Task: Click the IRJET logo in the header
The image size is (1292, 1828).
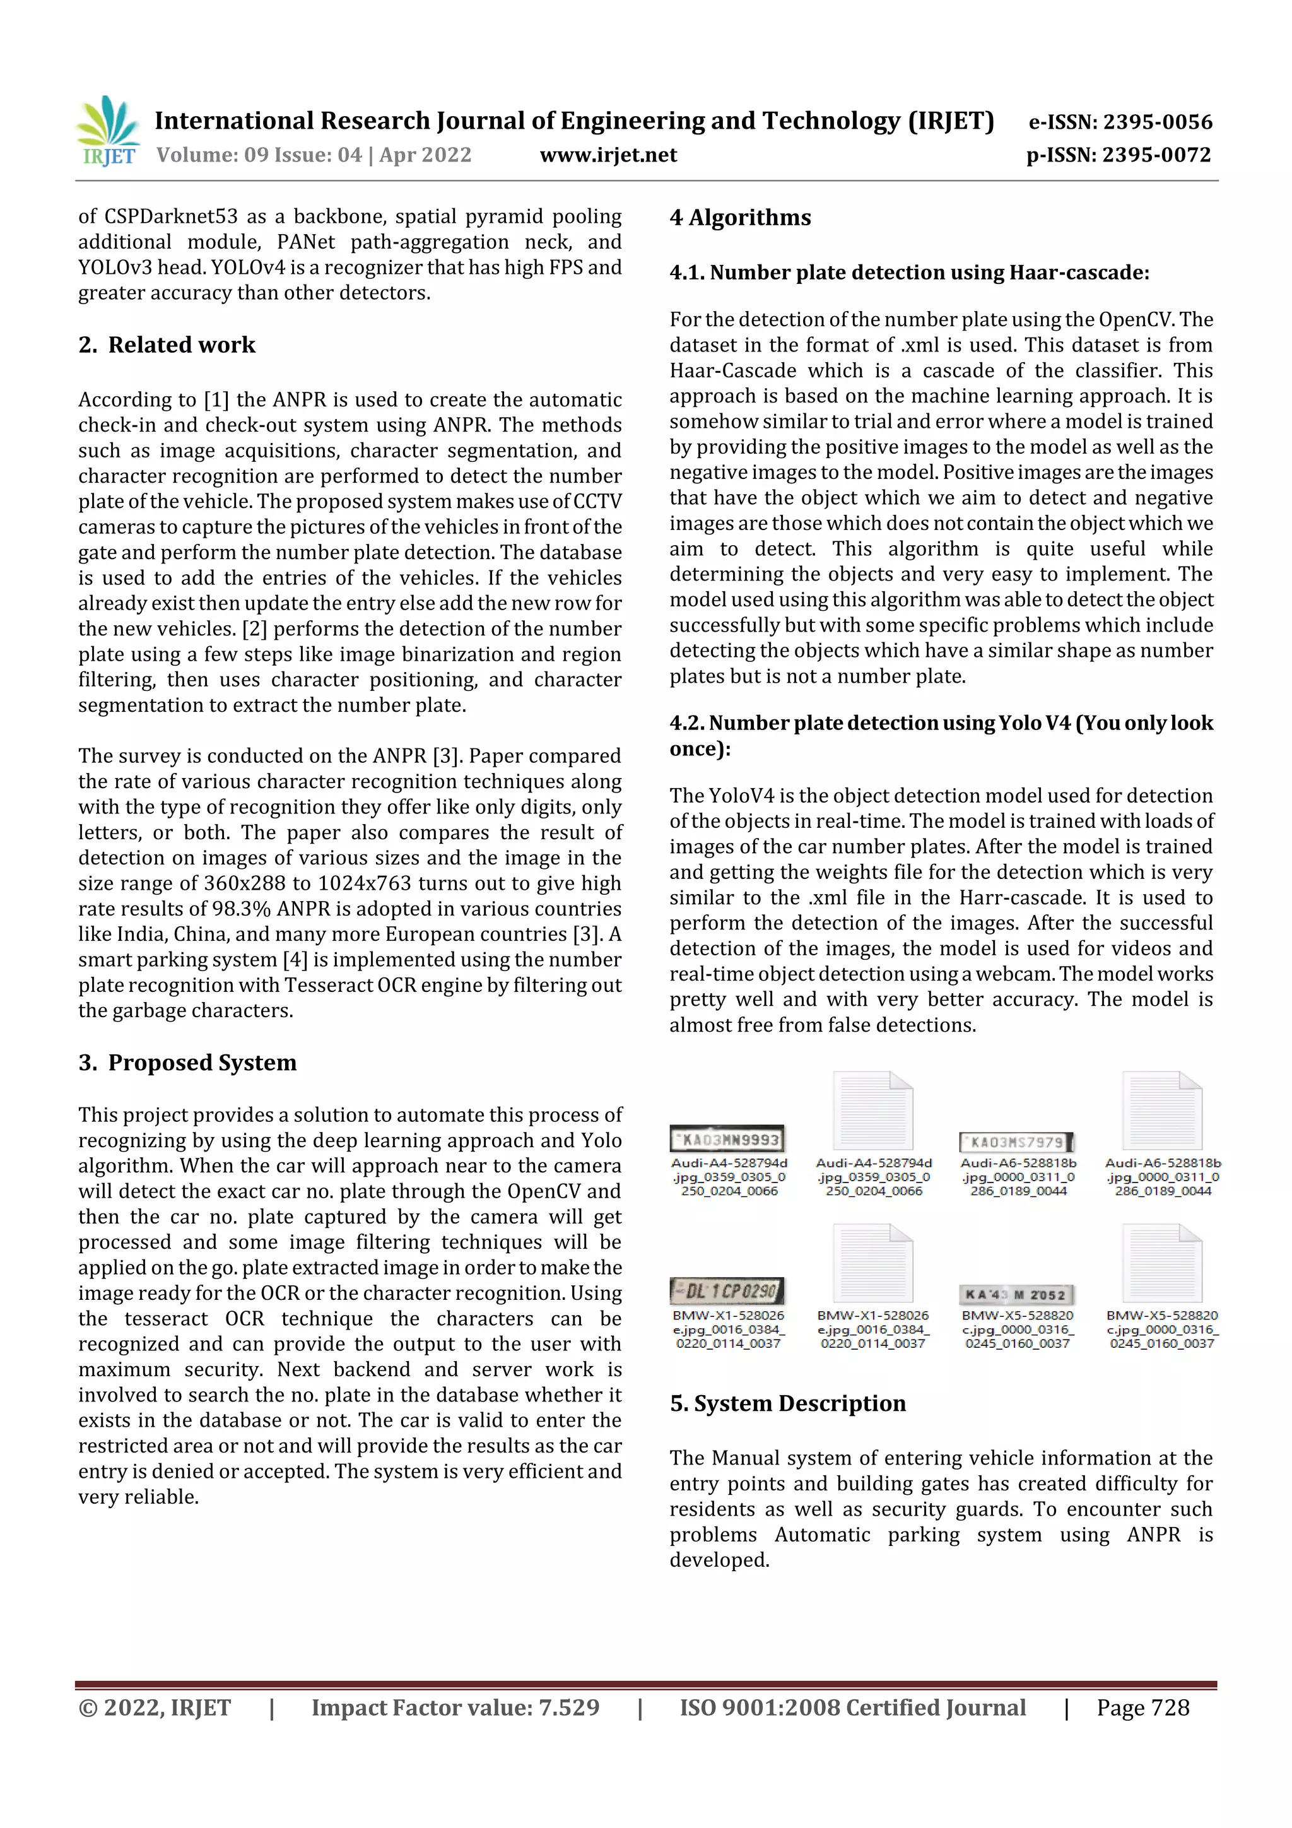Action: pyautogui.click(x=107, y=131)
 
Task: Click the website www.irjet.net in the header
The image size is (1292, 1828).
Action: pyautogui.click(x=608, y=155)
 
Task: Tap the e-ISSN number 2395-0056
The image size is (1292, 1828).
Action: pyautogui.click(x=1158, y=122)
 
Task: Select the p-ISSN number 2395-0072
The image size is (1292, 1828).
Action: pyautogui.click(x=1156, y=155)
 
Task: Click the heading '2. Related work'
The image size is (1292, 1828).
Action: pyautogui.click(x=167, y=345)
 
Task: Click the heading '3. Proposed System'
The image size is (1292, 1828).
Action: pyautogui.click(x=188, y=1063)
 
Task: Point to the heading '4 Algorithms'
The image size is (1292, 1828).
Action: pyautogui.click(x=741, y=217)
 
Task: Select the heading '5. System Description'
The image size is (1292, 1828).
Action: pyautogui.click(x=788, y=1403)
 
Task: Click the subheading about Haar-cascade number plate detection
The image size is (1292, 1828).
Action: pyautogui.click(x=909, y=273)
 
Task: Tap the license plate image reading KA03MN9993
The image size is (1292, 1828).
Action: pyautogui.click(x=727, y=1140)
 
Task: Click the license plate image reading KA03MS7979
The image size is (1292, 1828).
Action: pyautogui.click(x=1016, y=1143)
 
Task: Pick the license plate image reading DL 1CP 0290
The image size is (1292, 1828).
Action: pyautogui.click(x=727, y=1290)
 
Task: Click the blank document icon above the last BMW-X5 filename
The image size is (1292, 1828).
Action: pyautogui.click(x=1161, y=1263)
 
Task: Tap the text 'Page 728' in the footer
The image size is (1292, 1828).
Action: pyautogui.click(x=1142, y=1707)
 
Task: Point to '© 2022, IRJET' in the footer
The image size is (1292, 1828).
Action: pyautogui.click(x=155, y=1707)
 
